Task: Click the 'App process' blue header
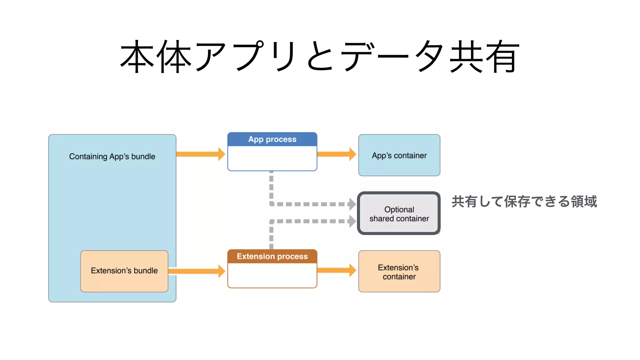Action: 272,139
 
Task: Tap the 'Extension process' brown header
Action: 272,256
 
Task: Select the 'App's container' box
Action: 399,155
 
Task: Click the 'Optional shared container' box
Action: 399,214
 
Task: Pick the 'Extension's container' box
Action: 399,272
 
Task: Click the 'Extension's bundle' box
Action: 124,271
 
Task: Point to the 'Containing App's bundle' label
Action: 112,156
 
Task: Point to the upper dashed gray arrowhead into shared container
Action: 352,204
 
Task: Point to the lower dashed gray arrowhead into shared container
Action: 352,221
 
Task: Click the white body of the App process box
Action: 272,158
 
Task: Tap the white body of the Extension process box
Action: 272,275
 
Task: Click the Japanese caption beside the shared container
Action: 524,202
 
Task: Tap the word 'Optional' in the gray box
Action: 399,209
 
